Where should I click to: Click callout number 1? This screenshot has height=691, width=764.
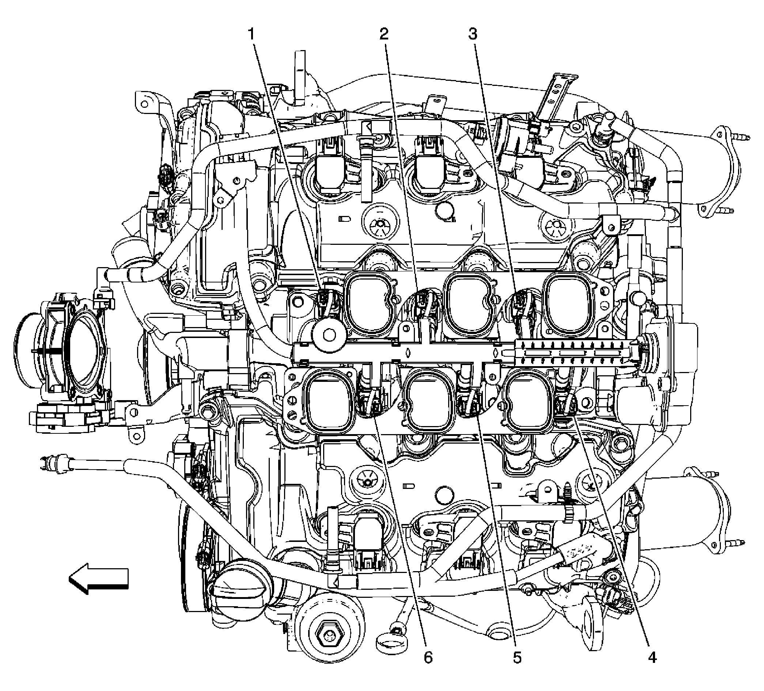pos(251,35)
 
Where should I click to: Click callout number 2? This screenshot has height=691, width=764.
pos(384,35)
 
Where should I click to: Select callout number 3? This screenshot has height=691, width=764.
pos(473,34)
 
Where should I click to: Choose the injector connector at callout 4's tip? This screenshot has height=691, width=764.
pos(566,409)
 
